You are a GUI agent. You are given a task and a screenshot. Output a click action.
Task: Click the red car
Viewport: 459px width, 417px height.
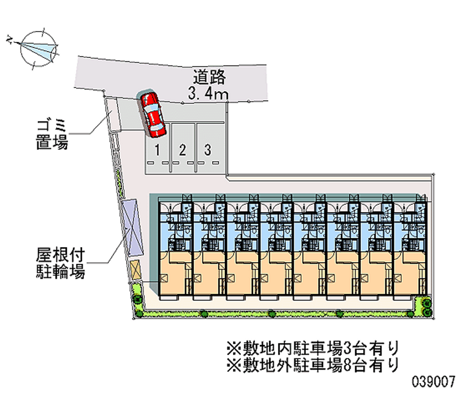pos(153,114)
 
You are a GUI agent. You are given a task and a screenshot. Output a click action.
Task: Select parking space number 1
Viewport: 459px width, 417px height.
pos(157,150)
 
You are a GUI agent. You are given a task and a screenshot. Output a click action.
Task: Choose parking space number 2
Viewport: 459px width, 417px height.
pos(182,150)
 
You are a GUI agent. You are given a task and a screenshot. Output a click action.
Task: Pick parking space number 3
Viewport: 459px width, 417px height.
pos(208,150)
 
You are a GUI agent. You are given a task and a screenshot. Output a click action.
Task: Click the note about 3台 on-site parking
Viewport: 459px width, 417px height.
pos(312,347)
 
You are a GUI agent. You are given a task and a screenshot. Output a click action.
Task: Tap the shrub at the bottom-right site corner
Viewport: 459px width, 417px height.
pos(426,305)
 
